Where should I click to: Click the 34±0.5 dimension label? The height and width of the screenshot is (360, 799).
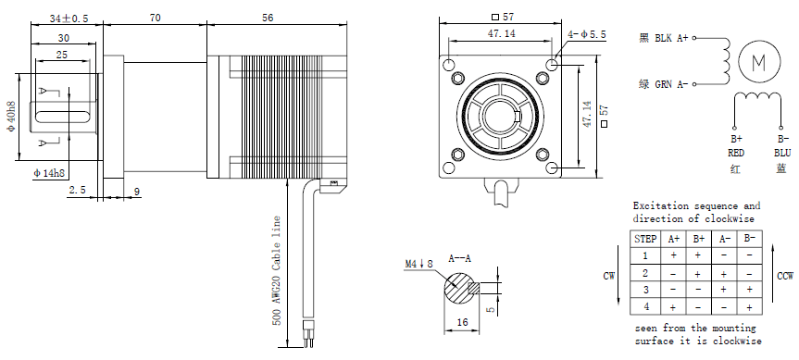(69, 19)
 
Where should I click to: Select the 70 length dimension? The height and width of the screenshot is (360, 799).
(156, 18)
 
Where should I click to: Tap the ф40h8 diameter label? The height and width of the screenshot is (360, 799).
(11, 118)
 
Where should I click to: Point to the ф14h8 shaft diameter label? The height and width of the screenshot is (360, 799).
(49, 173)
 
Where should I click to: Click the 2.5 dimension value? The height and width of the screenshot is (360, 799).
(77, 191)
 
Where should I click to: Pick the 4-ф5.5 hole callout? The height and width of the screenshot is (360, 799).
(587, 34)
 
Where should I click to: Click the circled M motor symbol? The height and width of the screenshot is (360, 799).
(759, 62)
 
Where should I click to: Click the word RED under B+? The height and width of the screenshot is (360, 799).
(736, 153)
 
